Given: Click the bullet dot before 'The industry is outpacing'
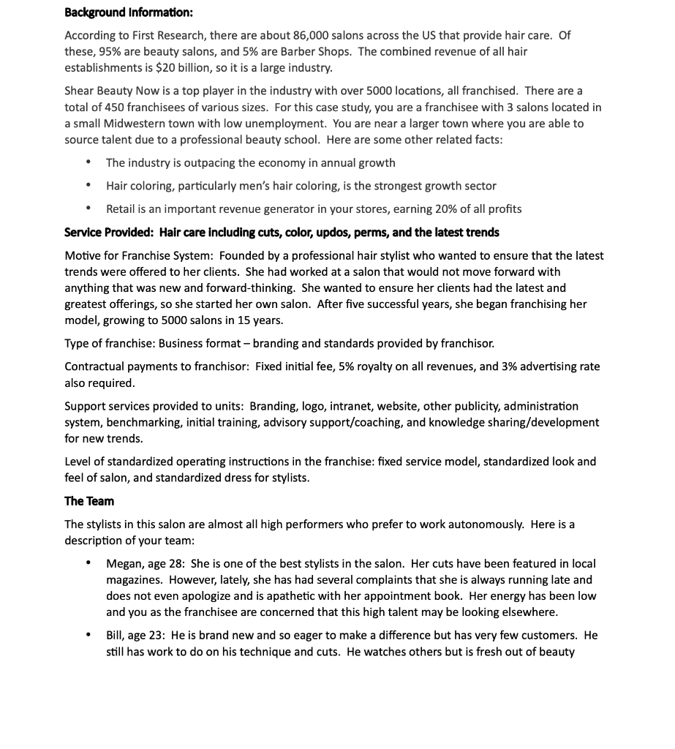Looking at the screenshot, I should click(x=88, y=162).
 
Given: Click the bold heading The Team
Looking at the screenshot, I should click(x=89, y=501).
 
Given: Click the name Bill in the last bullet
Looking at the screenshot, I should click(x=116, y=636).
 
